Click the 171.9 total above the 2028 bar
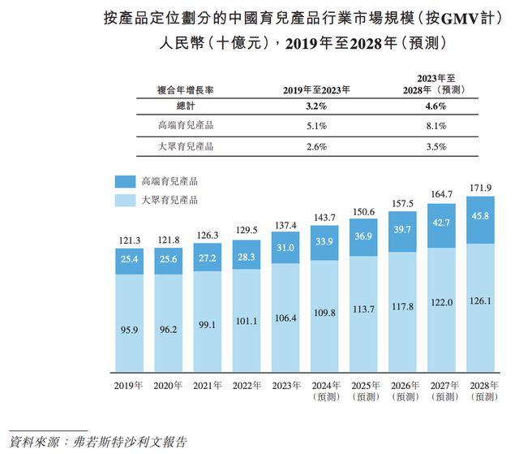pos(480,189)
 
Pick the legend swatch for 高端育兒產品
pos(126,181)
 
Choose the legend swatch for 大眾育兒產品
pos(126,200)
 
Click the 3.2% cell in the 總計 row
pos(316,106)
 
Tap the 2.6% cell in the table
pos(316,147)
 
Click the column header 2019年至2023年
pos(316,89)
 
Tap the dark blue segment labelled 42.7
pos(440,223)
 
